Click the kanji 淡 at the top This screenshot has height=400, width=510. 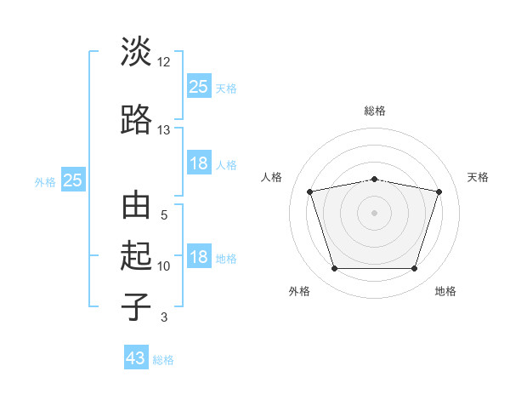(x=136, y=51)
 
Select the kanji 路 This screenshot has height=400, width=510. (x=136, y=119)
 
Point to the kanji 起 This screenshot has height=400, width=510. (x=136, y=255)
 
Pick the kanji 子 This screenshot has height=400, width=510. (x=136, y=306)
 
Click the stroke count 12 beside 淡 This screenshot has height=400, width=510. (x=163, y=62)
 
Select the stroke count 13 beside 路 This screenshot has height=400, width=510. (x=163, y=130)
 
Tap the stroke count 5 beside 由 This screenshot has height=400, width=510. (x=164, y=215)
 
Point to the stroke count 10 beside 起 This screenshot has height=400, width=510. (x=163, y=266)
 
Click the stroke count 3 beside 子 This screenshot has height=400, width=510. (x=164, y=317)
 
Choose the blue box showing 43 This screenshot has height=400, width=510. (x=136, y=357)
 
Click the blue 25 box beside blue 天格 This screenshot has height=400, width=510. (x=200, y=85)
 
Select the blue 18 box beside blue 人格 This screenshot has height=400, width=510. (x=200, y=163)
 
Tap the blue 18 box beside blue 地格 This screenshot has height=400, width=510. (x=200, y=255)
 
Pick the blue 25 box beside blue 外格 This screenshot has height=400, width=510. (x=73, y=180)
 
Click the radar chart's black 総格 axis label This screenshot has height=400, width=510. (x=375, y=111)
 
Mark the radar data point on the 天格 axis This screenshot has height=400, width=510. (x=439, y=191)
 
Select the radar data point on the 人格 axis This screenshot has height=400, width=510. (x=309, y=191)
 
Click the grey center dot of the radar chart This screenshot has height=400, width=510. (x=374, y=213)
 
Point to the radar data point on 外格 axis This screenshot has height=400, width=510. (x=335, y=268)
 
